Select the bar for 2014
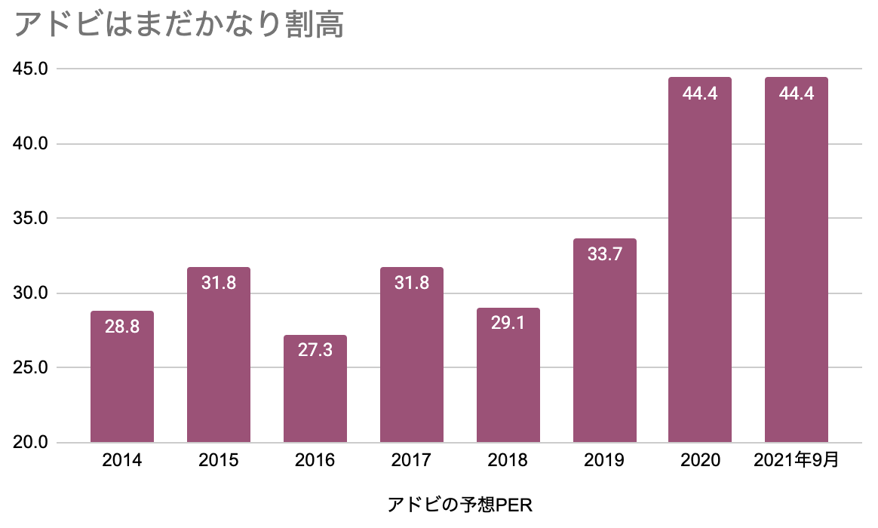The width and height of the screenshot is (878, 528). [x=122, y=385]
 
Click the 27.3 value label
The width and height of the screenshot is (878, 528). [x=315, y=351]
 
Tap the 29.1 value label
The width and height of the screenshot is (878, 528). [x=508, y=324]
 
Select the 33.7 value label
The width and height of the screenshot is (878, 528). [x=605, y=255]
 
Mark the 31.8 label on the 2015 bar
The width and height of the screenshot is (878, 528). [x=219, y=284]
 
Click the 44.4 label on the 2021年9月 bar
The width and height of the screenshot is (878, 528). [x=797, y=94]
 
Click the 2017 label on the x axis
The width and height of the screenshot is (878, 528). [x=412, y=460]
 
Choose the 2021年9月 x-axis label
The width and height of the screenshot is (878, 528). [x=796, y=460]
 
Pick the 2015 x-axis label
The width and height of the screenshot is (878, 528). [x=219, y=460]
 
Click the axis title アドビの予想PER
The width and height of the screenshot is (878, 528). [x=460, y=505]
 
